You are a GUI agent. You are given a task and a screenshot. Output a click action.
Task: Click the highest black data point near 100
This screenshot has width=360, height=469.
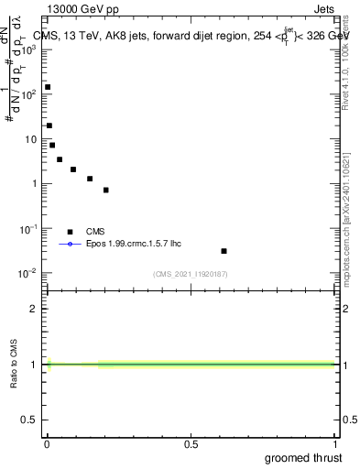click(x=48, y=87)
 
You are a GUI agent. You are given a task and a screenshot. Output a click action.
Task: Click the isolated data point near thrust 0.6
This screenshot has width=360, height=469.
click(x=224, y=250)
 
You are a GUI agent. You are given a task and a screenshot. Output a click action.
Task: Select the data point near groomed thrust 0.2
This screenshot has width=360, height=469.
click(x=106, y=190)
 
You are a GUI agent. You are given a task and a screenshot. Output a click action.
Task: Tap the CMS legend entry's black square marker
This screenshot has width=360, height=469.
click(x=70, y=232)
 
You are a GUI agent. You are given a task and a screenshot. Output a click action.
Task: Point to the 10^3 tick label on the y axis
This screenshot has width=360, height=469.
click(x=29, y=49)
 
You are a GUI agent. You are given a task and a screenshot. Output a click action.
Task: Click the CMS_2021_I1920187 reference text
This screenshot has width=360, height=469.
click(x=191, y=274)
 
